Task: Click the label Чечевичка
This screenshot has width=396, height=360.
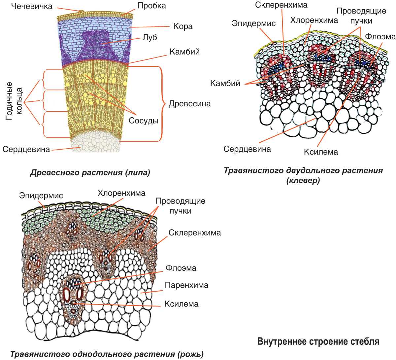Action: pos(32,6)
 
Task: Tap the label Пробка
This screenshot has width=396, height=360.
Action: pos(151,6)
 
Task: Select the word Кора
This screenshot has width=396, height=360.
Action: pos(183,26)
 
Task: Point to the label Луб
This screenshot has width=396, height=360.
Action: pos(149,37)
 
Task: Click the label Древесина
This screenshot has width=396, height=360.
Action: pos(189,104)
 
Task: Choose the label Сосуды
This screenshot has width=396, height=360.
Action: pos(144,121)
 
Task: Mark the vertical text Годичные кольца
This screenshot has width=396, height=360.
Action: pos(14,101)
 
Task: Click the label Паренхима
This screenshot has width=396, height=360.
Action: pos(186,285)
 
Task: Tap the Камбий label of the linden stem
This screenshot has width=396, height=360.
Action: pos(184,52)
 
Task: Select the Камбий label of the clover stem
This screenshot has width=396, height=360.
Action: pos(225,83)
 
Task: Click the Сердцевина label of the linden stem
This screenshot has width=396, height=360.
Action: pos(26,149)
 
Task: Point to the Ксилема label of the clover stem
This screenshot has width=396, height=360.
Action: pos(321,152)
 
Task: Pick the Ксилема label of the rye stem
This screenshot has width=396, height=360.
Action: pos(181,304)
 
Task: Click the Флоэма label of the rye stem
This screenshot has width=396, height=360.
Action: pos(181,268)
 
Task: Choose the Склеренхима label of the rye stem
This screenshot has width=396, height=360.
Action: pos(195,233)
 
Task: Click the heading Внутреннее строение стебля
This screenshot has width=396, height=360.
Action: pos(318,341)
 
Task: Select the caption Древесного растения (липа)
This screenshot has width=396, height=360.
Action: pos(90,173)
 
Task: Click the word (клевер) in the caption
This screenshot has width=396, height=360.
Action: pos(303,181)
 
